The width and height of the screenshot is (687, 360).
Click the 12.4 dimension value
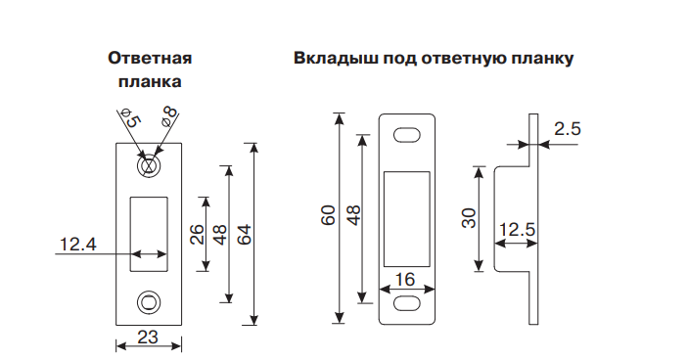pyautogui.click(x=76, y=245)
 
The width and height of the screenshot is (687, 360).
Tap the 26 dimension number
pyautogui.click(x=197, y=235)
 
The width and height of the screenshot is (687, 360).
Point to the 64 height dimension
pyautogui.click(x=245, y=235)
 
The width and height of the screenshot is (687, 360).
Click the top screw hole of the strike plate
pyautogui.click(x=149, y=165)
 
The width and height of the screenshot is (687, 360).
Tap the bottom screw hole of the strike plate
pyautogui.click(x=149, y=301)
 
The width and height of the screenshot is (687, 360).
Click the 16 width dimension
pyautogui.click(x=406, y=280)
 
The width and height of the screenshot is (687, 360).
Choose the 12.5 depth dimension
pyautogui.click(x=516, y=231)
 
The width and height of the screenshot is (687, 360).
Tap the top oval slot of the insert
pyautogui.click(x=407, y=134)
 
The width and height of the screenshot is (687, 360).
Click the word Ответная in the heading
pyautogui.click(x=150, y=59)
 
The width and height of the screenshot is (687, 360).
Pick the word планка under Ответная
pyautogui.click(x=150, y=82)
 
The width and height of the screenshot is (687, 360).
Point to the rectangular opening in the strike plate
pyautogui.click(x=149, y=234)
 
